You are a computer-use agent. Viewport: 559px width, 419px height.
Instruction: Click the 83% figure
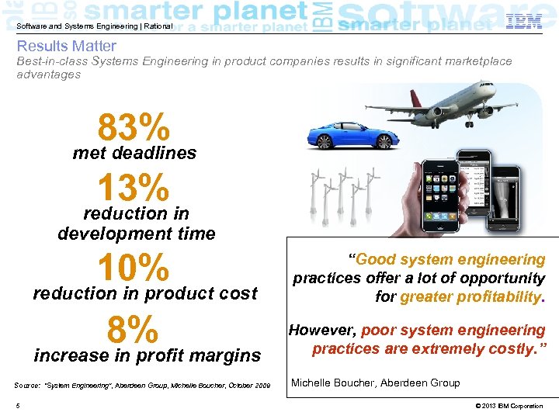coord(134,127)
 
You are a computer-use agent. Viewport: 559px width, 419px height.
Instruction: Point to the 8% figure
coord(134,329)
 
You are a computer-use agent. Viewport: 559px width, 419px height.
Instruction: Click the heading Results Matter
coord(67,47)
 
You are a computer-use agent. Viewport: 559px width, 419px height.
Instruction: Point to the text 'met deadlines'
coord(134,154)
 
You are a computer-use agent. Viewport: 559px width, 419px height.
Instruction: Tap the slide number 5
coord(17,406)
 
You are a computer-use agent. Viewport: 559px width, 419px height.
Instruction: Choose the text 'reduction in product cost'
coord(144,293)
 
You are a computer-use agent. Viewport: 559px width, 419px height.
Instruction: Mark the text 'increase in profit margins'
coord(148,356)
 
